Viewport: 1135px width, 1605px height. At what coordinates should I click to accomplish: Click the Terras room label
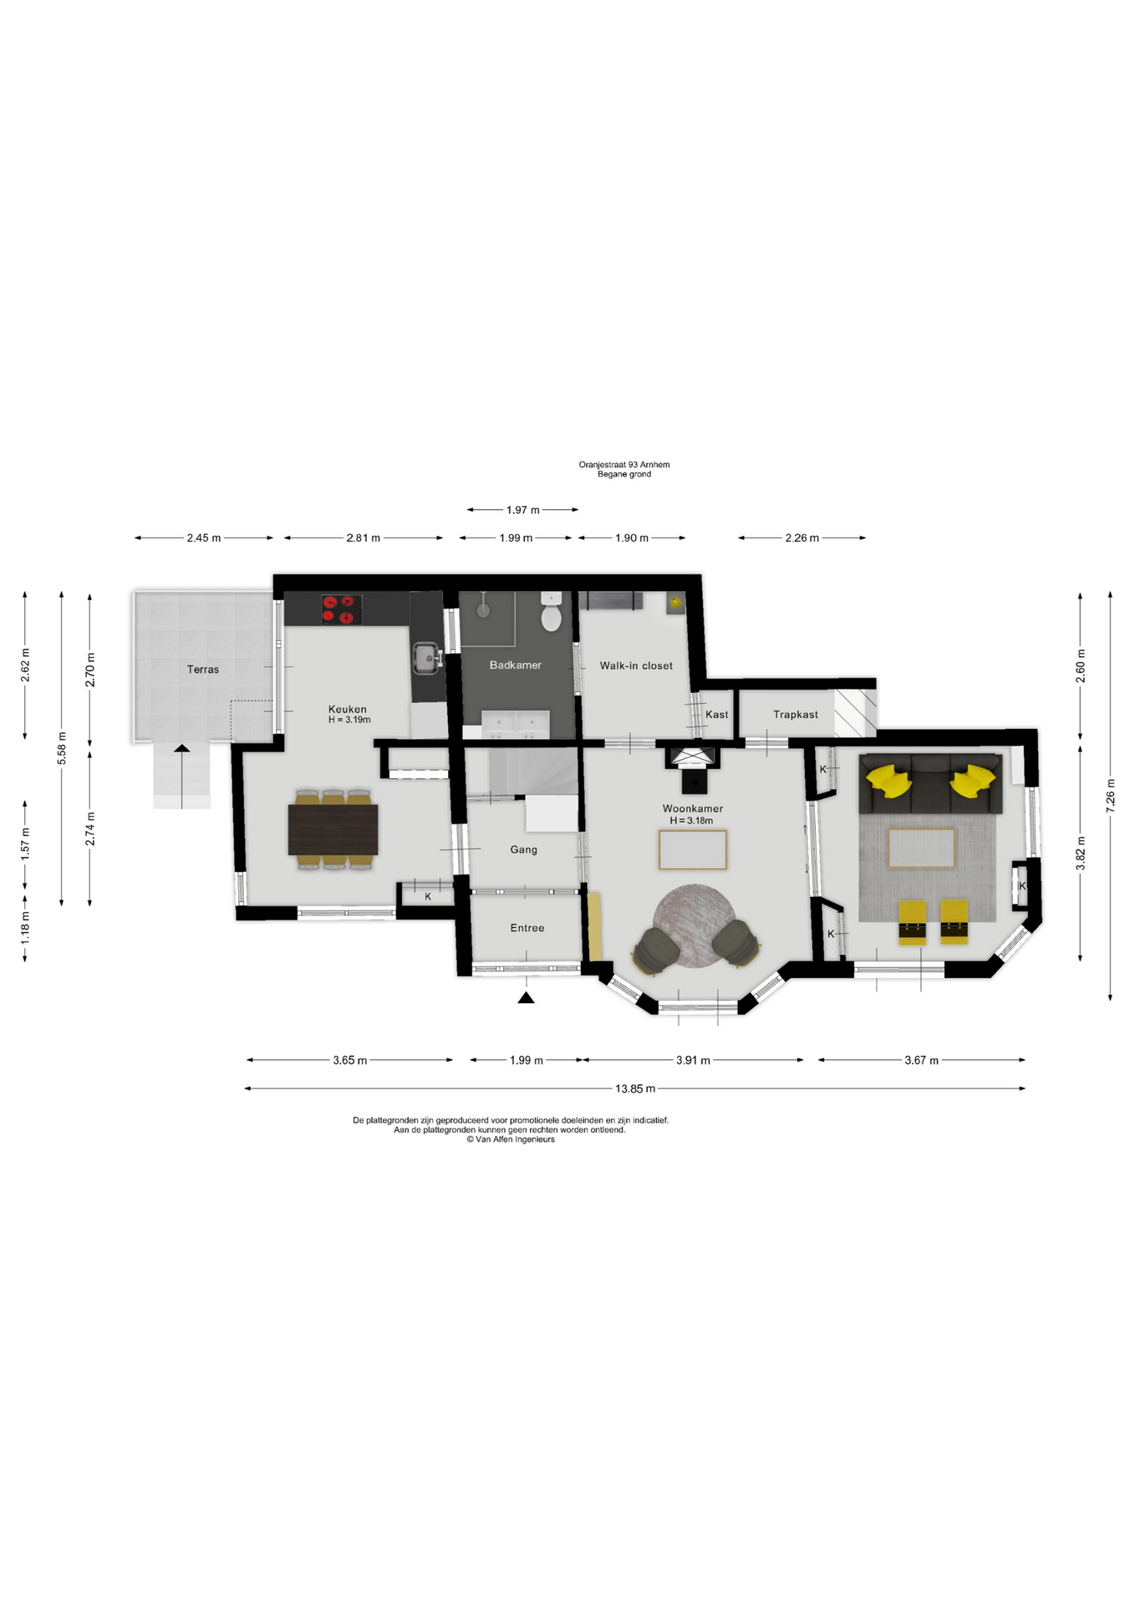click(x=203, y=670)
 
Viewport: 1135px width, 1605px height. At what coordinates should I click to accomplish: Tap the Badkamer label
click(x=516, y=665)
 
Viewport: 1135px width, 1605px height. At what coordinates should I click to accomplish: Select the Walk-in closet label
click(x=636, y=666)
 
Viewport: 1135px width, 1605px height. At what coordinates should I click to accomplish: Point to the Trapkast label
click(x=796, y=715)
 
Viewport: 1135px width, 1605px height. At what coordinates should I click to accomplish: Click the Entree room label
click(x=527, y=928)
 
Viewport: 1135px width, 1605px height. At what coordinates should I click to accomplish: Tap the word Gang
click(x=524, y=849)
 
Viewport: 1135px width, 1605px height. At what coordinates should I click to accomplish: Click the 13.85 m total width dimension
click(x=635, y=1088)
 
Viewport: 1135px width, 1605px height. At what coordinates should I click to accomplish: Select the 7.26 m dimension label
click(x=1110, y=796)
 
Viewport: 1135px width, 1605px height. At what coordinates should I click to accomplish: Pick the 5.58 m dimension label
click(x=61, y=748)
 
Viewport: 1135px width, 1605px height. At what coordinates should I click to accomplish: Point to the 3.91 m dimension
click(x=693, y=1060)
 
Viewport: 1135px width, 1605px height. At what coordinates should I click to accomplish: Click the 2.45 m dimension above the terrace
click(x=204, y=538)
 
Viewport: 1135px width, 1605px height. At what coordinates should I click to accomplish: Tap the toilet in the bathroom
click(x=551, y=612)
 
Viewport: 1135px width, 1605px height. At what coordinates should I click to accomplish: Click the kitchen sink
click(x=426, y=659)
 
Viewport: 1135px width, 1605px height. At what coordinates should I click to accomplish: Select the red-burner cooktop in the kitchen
click(x=342, y=609)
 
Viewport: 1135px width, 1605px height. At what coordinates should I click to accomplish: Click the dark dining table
click(x=333, y=829)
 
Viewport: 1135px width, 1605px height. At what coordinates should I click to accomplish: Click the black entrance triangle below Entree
click(x=526, y=997)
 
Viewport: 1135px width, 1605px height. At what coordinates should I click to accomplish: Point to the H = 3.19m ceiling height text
click(x=349, y=720)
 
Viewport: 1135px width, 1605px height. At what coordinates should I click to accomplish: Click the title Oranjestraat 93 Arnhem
click(x=624, y=465)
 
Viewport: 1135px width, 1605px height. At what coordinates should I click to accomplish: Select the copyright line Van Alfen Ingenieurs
click(x=511, y=1139)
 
